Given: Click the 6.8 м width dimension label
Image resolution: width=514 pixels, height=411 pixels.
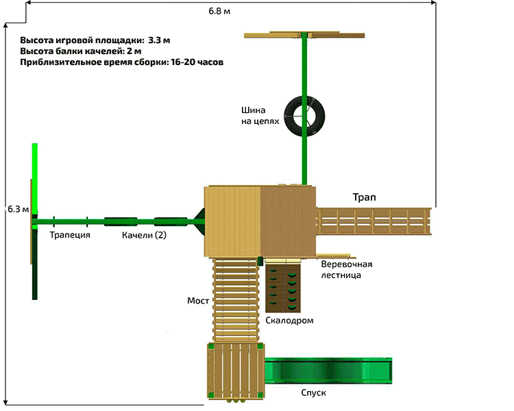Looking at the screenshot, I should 220,12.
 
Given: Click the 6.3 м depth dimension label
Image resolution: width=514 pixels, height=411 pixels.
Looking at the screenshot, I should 17,208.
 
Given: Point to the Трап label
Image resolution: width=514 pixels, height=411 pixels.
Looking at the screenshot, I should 364,197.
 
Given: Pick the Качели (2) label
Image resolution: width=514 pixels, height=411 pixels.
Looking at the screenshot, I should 144,236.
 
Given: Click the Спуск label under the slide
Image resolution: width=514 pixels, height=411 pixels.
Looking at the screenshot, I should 313,393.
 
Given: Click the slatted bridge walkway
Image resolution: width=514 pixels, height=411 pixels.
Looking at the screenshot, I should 237,299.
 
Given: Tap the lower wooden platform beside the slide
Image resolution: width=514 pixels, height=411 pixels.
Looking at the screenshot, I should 234,370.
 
